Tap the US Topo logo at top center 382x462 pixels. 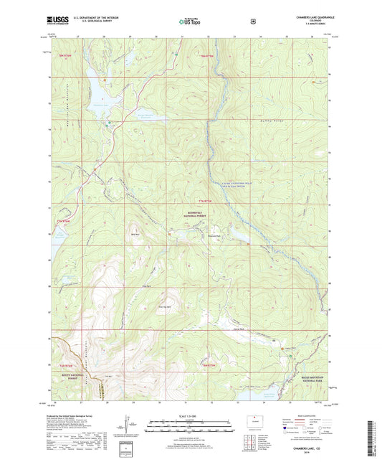(189, 22)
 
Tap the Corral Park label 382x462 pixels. (238, 329)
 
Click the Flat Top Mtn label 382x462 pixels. (162, 308)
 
